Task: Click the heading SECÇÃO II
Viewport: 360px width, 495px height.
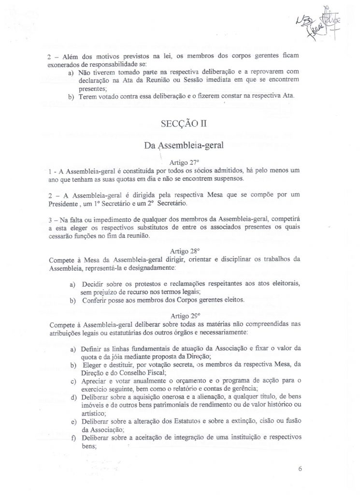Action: pos(179,123)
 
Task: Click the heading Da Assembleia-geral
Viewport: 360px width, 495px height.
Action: pos(179,145)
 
